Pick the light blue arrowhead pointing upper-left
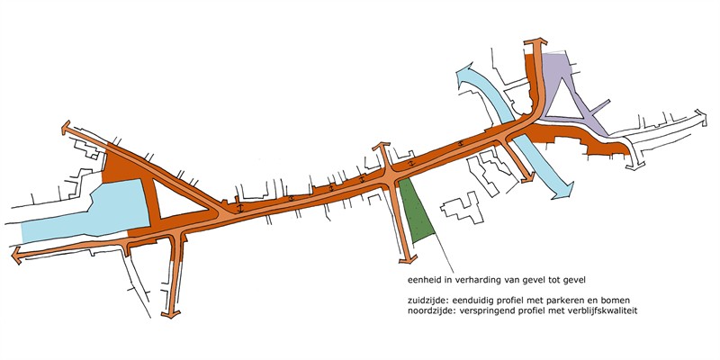[x=467, y=76]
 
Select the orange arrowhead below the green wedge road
[x=408, y=259]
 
